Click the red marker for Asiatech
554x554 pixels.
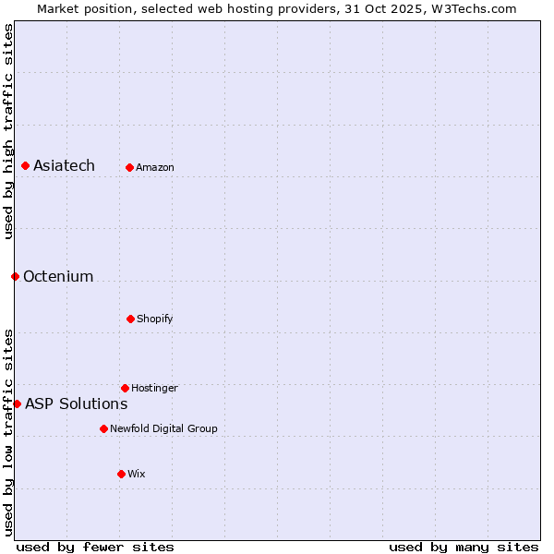coord(25,165)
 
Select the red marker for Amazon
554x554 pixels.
coord(129,167)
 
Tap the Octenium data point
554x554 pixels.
coord(15,276)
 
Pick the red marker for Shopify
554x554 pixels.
coord(130,319)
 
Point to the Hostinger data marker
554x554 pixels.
coord(125,388)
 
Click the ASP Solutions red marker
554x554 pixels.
coord(17,403)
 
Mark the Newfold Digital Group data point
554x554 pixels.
coord(103,428)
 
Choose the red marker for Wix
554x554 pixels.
coord(121,474)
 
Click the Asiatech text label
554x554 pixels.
coord(64,165)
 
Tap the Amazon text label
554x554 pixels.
coord(155,167)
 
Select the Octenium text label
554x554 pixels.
coord(58,276)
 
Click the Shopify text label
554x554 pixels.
coord(155,319)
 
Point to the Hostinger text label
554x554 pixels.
coord(154,388)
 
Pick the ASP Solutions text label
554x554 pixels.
coord(76,403)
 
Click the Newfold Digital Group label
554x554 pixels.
coord(163,428)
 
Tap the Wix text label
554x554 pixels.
coord(137,474)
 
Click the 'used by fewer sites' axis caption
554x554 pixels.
coord(95,547)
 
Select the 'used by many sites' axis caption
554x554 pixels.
coord(464,547)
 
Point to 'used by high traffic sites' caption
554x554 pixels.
coord(8,131)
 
